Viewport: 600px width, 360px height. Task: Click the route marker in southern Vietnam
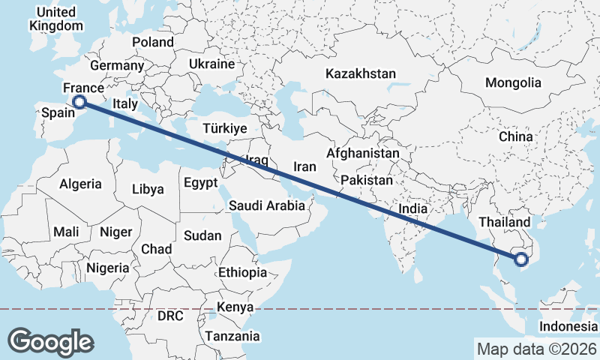(x=521, y=259)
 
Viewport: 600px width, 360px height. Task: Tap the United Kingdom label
(x=56, y=19)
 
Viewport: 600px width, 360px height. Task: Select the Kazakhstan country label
(x=360, y=73)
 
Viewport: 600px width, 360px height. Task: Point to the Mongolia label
(x=513, y=82)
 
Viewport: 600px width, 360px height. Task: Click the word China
(x=515, y=137)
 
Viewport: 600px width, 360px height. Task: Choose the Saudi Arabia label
(x=266, y=205)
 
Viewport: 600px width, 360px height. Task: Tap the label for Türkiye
(x=225, y=129)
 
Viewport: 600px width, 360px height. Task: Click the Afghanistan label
(x=363, y=153)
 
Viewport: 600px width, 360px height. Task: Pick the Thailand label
(x=504, y=222)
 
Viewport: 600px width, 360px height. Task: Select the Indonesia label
(x=568, y=327)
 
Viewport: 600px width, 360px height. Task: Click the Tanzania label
(x=233, y=337)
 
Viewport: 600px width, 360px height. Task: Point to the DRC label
(x=170, y=316)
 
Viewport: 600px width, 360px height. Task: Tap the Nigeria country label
(x=108, y=267)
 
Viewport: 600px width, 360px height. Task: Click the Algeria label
(x=80, y=184)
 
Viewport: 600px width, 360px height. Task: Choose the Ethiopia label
(x=242, y=272)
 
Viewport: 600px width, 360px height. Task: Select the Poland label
(x=152, y=42)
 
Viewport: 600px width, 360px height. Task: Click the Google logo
(x=50, y=341)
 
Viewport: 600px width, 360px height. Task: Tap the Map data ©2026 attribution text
(x=537, y=349)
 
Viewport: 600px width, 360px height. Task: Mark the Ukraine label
(x=211, y=64)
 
